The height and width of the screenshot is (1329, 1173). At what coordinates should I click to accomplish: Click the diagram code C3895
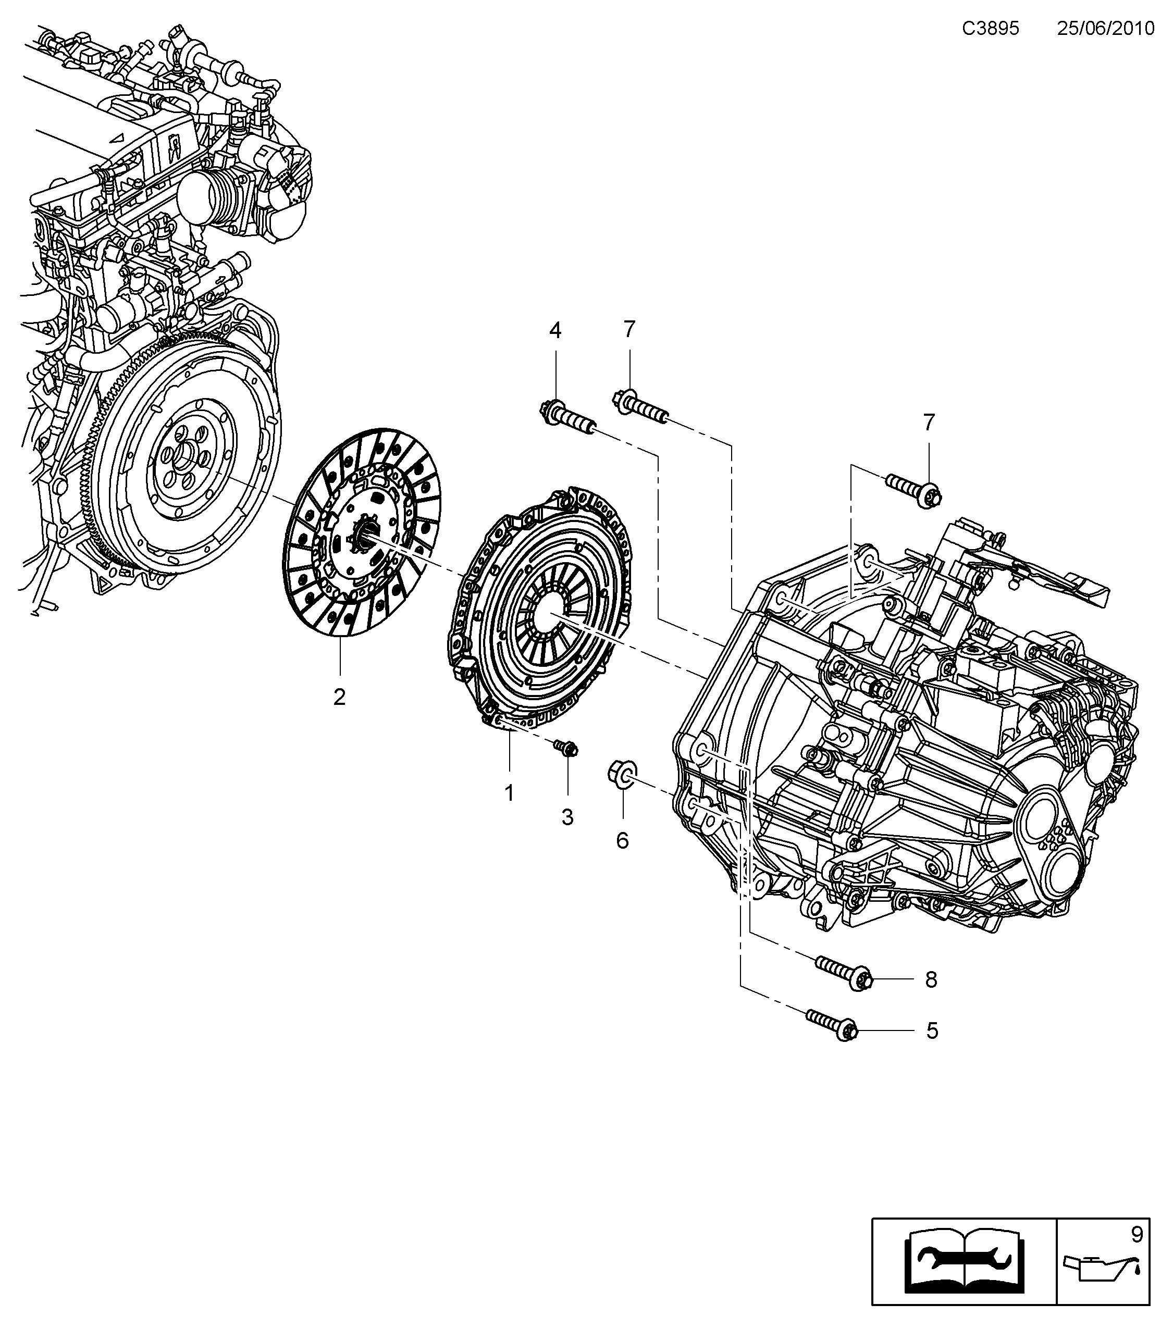(990, 29)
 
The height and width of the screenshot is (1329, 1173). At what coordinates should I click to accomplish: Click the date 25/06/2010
(1105, 29)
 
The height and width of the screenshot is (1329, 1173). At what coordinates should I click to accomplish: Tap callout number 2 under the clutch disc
(339, 698)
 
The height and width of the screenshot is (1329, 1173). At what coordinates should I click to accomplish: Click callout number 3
(567, 817)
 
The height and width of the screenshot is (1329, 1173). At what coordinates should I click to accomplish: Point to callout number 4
(554, 330)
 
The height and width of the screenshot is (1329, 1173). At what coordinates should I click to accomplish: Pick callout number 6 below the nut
(622, 841)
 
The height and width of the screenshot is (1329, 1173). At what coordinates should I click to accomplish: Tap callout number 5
(932, 1049)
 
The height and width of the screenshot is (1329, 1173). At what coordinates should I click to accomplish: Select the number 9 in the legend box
(1137, 1234)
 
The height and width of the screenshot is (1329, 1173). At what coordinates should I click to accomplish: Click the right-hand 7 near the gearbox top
(929, 423)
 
